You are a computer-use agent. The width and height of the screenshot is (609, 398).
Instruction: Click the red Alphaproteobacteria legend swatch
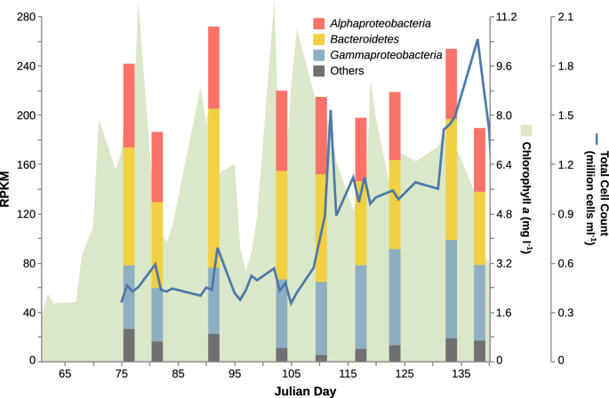pyautogui.click(x=320, y=22)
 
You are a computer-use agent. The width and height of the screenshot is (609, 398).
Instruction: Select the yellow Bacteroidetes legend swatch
pyautogui.click(x=320, y=39)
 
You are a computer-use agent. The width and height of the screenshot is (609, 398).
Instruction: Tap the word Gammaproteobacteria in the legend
pyautogui.click(x=386, y=55)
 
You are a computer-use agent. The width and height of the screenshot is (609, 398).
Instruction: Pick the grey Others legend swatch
pyautogui.click(x=320, y=72)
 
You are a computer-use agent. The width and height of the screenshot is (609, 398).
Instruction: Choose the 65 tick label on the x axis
pyautogui.click(x=64, y=376)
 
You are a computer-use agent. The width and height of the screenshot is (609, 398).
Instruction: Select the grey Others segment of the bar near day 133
pyautogui.click(x=451, y=350)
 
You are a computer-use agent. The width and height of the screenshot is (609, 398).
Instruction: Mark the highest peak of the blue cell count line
pyautogui.click(x=478, y=40)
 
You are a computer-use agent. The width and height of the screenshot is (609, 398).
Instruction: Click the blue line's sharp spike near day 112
pyautogui.click(x=331, y=111)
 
